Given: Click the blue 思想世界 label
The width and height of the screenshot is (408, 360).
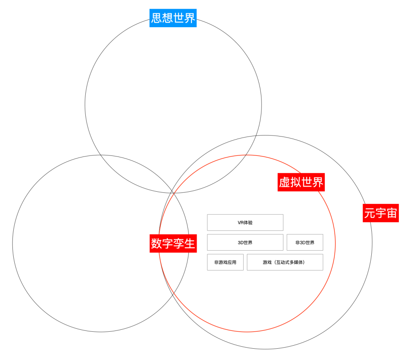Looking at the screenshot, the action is (x=173, y=18).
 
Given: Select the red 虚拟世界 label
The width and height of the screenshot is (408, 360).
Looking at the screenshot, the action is (x=301, y=182).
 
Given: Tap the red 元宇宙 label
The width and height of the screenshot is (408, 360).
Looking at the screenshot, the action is (x=380, y=213).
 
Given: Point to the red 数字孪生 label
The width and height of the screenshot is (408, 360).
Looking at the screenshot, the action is (x=173, y=244).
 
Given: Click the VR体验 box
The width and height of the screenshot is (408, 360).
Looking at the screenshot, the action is (x=245, y=222).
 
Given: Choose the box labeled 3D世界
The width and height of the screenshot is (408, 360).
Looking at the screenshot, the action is (x=245, y=242).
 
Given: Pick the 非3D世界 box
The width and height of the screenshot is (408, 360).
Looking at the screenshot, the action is (x=304, y=242).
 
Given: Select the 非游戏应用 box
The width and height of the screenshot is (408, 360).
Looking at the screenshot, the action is (x=225, y=262).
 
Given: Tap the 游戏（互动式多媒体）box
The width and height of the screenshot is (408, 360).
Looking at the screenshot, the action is (x=285, y=262).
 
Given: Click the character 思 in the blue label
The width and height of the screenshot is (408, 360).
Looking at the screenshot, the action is (x=157, y=18).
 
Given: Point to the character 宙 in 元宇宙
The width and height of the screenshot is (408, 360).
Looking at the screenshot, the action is (x=391, y=213).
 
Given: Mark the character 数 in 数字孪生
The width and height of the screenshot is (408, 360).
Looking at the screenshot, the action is (x=157, y=244).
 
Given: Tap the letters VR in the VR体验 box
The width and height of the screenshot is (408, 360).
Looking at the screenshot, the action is (x=241, y=222).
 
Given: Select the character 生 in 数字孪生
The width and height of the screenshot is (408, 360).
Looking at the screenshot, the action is (x=189, y=244).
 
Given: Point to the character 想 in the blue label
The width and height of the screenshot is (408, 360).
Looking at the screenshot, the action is (x=168, y=18).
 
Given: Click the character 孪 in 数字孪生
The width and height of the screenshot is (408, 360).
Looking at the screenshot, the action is (x=179, y=244).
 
